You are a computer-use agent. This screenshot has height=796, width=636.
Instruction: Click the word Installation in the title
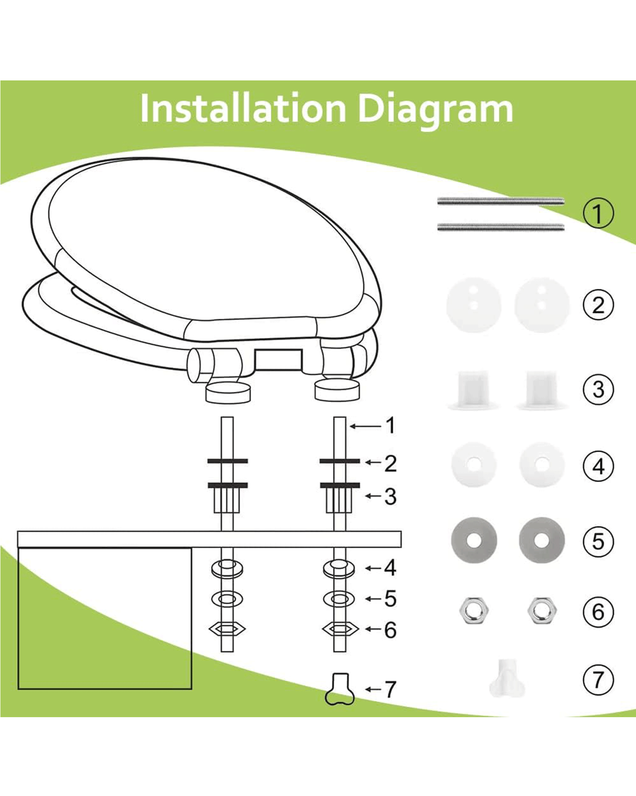coord(243,109)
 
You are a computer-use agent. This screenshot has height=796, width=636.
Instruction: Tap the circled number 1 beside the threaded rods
coord(598,213)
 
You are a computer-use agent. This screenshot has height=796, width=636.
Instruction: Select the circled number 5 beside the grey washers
coord(598,541)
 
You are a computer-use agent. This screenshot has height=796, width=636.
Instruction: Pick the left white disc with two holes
coord(473,305)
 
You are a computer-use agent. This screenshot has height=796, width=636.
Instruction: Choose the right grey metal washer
coord(541,540)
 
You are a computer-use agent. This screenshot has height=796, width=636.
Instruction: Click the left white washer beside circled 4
coord(474,464)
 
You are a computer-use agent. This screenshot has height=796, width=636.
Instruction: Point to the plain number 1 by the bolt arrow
coord(390,425)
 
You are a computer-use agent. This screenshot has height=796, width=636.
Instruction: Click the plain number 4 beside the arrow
coord(390,568)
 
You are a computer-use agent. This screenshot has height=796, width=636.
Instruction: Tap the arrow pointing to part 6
coord(373,629)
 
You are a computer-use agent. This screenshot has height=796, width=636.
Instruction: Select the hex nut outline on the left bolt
coord(227,629)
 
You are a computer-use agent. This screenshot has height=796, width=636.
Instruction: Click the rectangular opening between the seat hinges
coord(278,359)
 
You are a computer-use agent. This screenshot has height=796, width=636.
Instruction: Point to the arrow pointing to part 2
coord(373,462)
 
